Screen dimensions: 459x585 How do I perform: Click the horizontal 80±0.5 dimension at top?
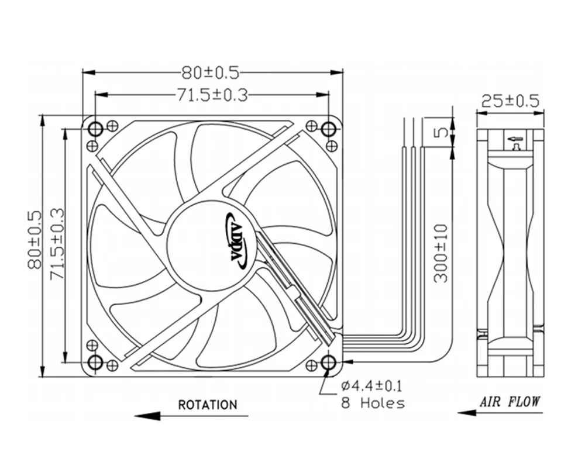(x=211, y=73)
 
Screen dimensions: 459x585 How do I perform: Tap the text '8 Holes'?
(x=372, y=402)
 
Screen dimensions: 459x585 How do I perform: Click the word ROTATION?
(x=208, y=405)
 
